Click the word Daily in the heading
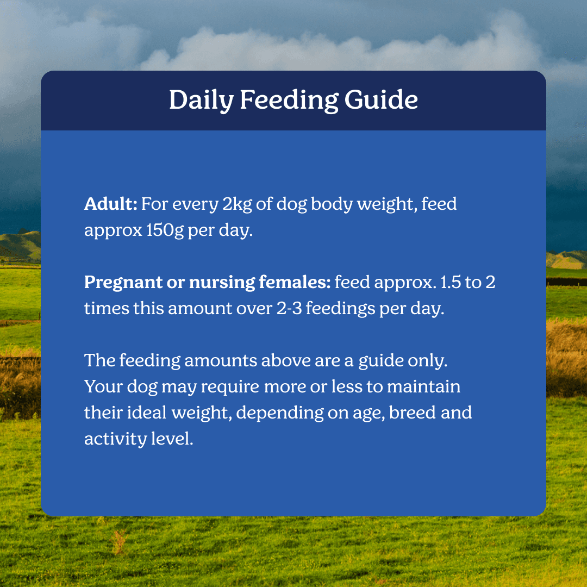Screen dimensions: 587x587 pos(202,100)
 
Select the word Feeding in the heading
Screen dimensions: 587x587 pos(289,100)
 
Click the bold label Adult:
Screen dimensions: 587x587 pos(111,204)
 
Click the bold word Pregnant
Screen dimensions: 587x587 pos(123,283)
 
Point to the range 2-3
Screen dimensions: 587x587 pos(289,309)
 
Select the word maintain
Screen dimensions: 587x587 pos(423,386)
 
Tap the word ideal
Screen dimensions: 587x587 pos(146,413)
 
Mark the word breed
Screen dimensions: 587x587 pos(413,413)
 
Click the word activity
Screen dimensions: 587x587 pos(115,439)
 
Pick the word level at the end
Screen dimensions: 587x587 pos(172,439)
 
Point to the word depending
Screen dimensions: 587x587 pos(280,413)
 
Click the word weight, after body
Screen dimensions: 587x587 pos(387,204)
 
